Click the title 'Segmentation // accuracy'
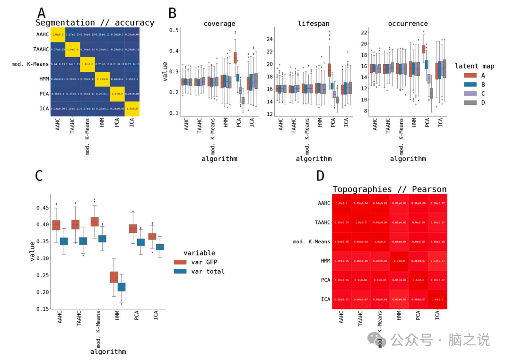click(x=95, y=23)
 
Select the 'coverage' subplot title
click(x=219, y=24)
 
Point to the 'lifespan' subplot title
click(x=314, y=24)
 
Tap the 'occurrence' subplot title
click(x=408, y=24)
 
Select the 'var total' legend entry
click(x=208, y=271)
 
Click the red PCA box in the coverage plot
click(x=235, y=58)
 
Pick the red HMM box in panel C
click(x=113, y=277)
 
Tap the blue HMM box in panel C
click(x=122, y=287)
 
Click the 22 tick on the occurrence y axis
click(x=364, y=32)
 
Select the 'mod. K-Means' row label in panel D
click(x=312, y=242)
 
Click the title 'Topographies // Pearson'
click(x=389, y=189)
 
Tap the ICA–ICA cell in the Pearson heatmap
click(x=437, y=300)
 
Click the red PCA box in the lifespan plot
click(x=329, y=69)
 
